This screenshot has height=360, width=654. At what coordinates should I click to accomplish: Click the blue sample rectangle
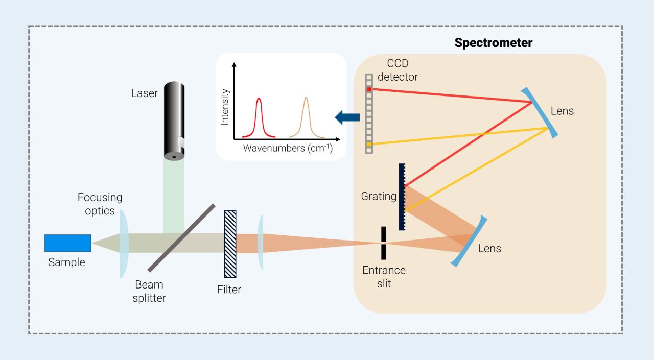[67, 243]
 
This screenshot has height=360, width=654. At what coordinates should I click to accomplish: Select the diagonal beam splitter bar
[181, 237]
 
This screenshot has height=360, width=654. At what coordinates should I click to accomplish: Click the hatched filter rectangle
[230, 244]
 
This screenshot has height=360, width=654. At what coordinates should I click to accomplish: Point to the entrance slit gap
[383, 243]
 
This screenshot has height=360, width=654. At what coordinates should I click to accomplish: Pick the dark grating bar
[402, 197]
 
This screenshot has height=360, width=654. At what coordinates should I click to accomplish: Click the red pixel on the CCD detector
[369, 89]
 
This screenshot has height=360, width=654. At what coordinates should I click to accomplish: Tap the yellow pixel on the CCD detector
[369, 145]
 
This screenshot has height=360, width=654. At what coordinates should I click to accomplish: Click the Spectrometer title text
[493, 43]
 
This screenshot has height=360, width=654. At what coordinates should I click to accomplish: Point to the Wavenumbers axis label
[287, 149]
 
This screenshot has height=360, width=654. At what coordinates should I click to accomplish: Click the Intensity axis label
[225, 107]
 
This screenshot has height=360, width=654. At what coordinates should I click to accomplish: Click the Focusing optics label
[100, 204]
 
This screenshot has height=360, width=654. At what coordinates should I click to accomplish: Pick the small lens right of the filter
[261, 242]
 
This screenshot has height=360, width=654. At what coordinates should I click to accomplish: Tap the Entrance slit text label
[384, 276]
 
